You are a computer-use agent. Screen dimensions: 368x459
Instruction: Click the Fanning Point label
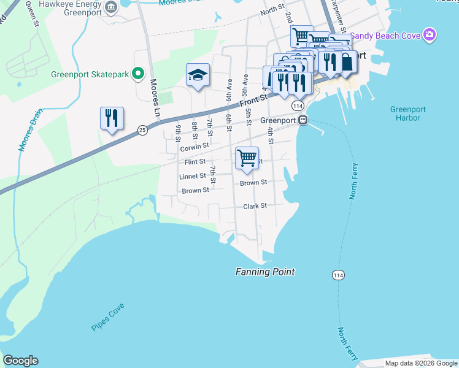(x=265, y=272)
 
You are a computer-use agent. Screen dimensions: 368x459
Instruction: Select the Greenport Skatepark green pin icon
(x=138, y=75)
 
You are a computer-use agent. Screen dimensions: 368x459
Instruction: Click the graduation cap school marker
(x=198, y=75)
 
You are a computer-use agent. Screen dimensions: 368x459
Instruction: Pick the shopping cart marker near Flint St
(x=247, y=158)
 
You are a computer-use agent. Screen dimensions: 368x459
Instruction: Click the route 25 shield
(x=142, y=130)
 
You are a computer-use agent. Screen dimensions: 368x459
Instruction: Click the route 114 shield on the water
(x=337, y=276)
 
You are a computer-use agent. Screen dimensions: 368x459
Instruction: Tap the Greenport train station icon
(x=303, y=121)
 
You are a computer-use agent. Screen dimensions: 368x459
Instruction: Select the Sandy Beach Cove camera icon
(x=431, y=36)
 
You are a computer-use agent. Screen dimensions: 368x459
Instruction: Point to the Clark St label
(x=255, y=206)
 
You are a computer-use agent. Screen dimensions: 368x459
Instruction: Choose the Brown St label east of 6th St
(x=253, y=183)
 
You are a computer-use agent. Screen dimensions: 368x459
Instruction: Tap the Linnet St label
(x=192, y=176)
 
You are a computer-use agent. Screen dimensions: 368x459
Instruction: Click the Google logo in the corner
(x=20, y=361)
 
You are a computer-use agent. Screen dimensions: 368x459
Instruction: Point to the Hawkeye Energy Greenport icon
(x=110, y=7)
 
